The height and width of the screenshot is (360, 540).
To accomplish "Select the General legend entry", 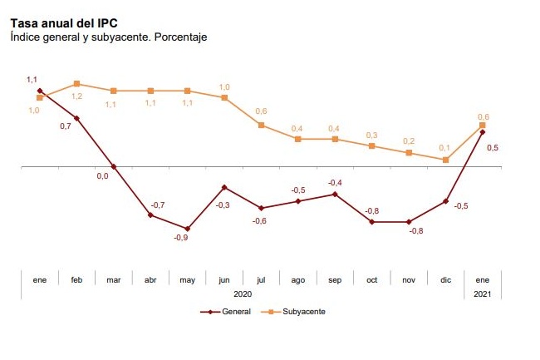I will (x=220, y=311).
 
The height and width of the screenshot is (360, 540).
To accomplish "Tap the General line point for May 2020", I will (x=187, y=229).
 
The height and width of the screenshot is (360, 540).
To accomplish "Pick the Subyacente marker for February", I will (x=76, y=83).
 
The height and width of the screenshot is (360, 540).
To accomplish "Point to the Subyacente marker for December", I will (x=445, y=160).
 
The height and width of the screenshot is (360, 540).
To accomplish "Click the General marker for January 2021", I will (x=483, y=131).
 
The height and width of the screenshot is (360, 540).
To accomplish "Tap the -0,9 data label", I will (x=180, y=239).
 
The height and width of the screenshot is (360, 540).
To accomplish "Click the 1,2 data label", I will (x=76, y=96).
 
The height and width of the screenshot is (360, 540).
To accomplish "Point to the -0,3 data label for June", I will (x=223, y=205).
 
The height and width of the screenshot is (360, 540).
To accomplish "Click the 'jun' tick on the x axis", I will (x=224, y=280).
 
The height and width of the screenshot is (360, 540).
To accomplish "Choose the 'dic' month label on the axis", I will (x=445, y=280).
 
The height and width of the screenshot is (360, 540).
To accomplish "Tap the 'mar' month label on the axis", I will (x=114, y=280).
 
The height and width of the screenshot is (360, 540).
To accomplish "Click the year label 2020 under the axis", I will (x=243, y=294).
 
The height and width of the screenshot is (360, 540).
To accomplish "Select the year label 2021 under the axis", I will (x=483, y=294).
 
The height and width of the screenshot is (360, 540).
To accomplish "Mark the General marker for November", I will (x=408, y=222).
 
